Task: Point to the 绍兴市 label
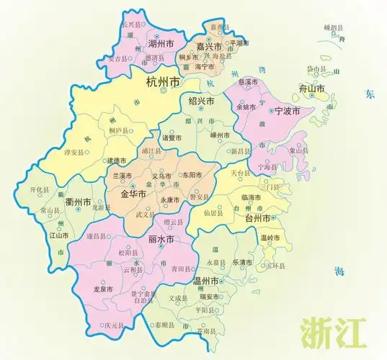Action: [200, 101]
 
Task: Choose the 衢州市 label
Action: [77, 202]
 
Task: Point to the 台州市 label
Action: [257, 217]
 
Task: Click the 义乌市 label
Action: [161, 176]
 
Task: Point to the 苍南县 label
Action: [206, 332]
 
